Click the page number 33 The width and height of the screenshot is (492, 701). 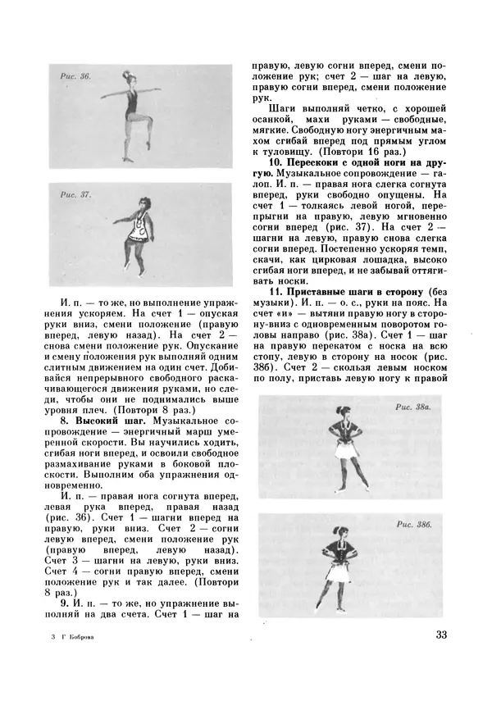click(440, 634)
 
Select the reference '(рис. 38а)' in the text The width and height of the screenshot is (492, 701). click(352, 335)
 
